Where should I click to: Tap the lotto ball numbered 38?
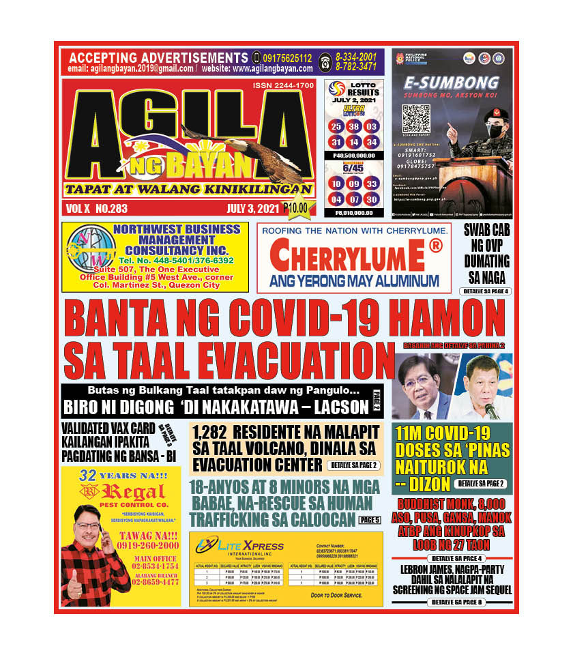click(353, 127)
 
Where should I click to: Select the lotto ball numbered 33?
click(371, 184)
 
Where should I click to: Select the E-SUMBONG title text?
click(452, 83)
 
